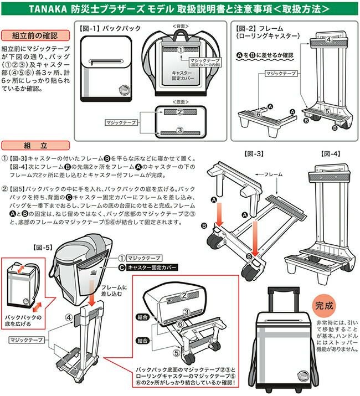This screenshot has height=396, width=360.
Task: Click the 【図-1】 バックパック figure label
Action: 111,27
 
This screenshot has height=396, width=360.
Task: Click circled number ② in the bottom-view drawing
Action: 179,111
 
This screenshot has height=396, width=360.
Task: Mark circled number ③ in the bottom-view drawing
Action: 179,131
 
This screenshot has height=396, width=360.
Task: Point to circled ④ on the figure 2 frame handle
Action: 328,39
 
